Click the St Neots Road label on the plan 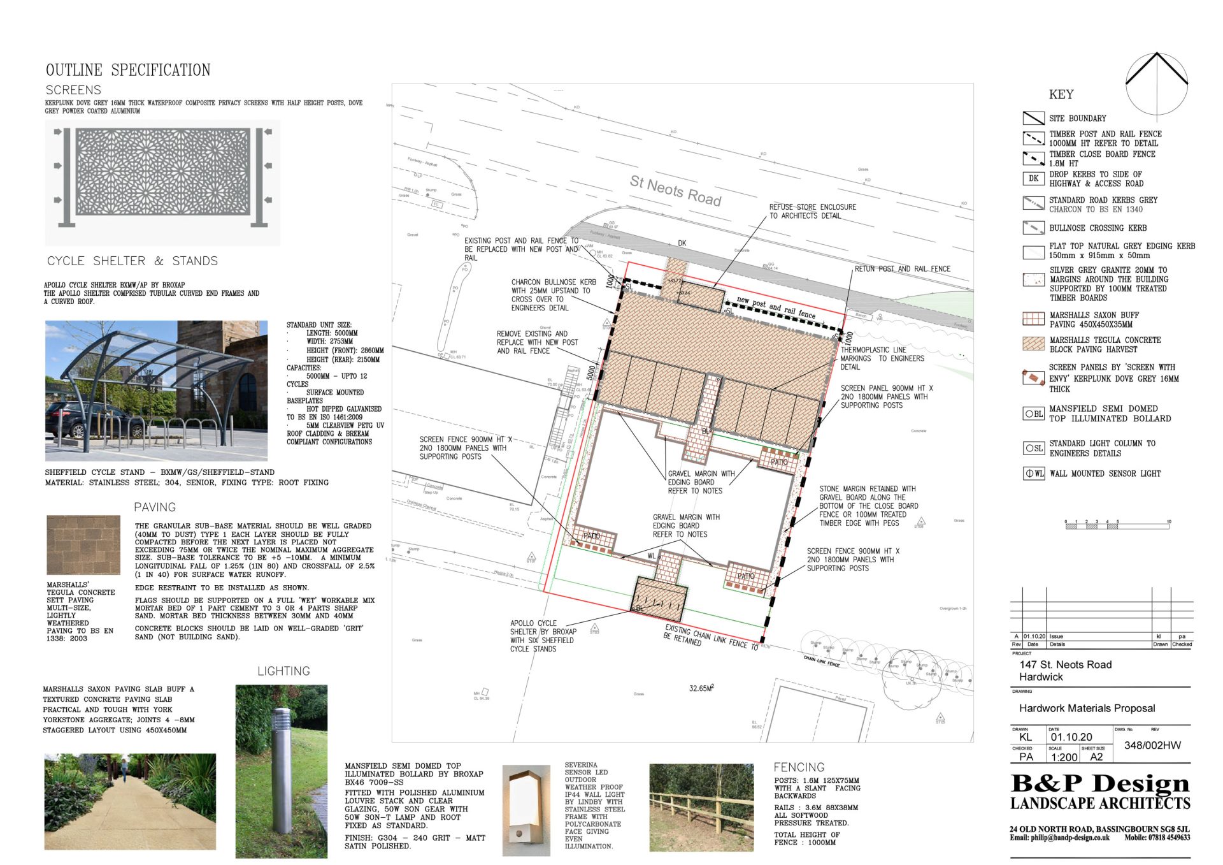(x=675, y=191)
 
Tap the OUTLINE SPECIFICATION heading (x=128, y=70)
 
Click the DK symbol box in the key (x=1033, y=178)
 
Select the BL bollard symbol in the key (x=1033, y=414)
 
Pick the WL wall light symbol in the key (x=1033, y=474)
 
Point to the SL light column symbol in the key (x=1033, y=448)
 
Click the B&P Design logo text (x=1100, y=783)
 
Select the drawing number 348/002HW (x=1152, y=745)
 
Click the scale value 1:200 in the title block (x=1064, y=757)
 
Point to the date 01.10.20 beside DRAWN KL (x=1071, y=737)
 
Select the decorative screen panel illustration (x=162, y=172)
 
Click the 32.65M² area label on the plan (x=701, y=688)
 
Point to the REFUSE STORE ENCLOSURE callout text (x=812, y=212)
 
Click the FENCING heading (x=799, y=767)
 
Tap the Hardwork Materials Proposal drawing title (x=1087, y=708)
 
